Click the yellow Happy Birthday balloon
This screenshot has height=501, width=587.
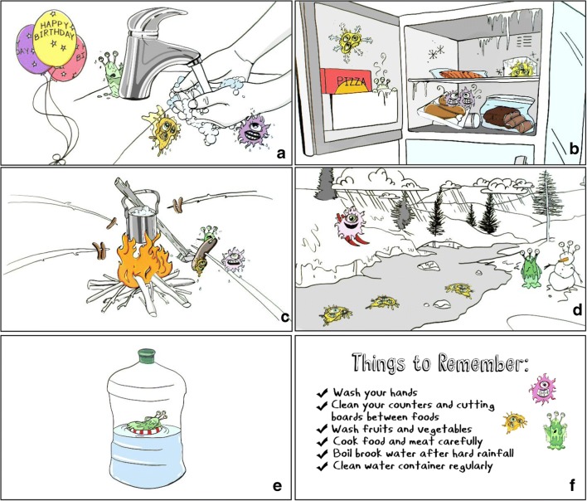[55, 38]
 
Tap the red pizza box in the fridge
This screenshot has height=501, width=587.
[347, 81]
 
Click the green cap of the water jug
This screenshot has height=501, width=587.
[147, 356]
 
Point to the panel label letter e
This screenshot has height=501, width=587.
[277, 486]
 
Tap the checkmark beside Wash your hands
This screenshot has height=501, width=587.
[322, 393]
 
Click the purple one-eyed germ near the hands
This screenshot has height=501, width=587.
[254, 131]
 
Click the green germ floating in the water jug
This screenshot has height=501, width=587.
[147, 424]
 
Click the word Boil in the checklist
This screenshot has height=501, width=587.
[342, 453]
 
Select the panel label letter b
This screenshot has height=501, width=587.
[573, 149]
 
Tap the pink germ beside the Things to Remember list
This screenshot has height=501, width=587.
[543, 389]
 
